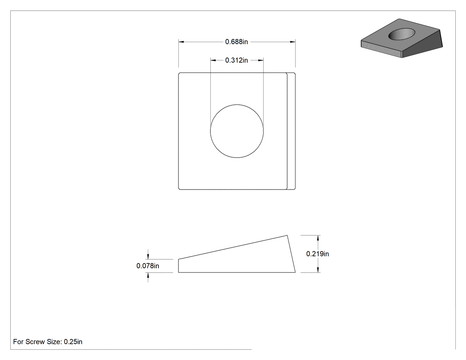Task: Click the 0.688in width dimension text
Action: (x=236, y=42)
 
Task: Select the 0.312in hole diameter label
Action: (x=236, y=60)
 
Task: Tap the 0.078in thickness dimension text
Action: (x=148, y=266)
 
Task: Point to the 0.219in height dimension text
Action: (x=317, y=253)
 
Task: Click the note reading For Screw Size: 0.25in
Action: (x=48, y=341)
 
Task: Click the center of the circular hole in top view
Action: (x=237, y=131)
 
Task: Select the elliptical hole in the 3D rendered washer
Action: (x=402, y=34)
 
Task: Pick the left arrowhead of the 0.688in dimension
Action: (x=181, y=42)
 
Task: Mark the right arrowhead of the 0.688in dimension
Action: (x=292, y=42)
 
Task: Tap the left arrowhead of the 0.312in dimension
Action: (x=213, y=60)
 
